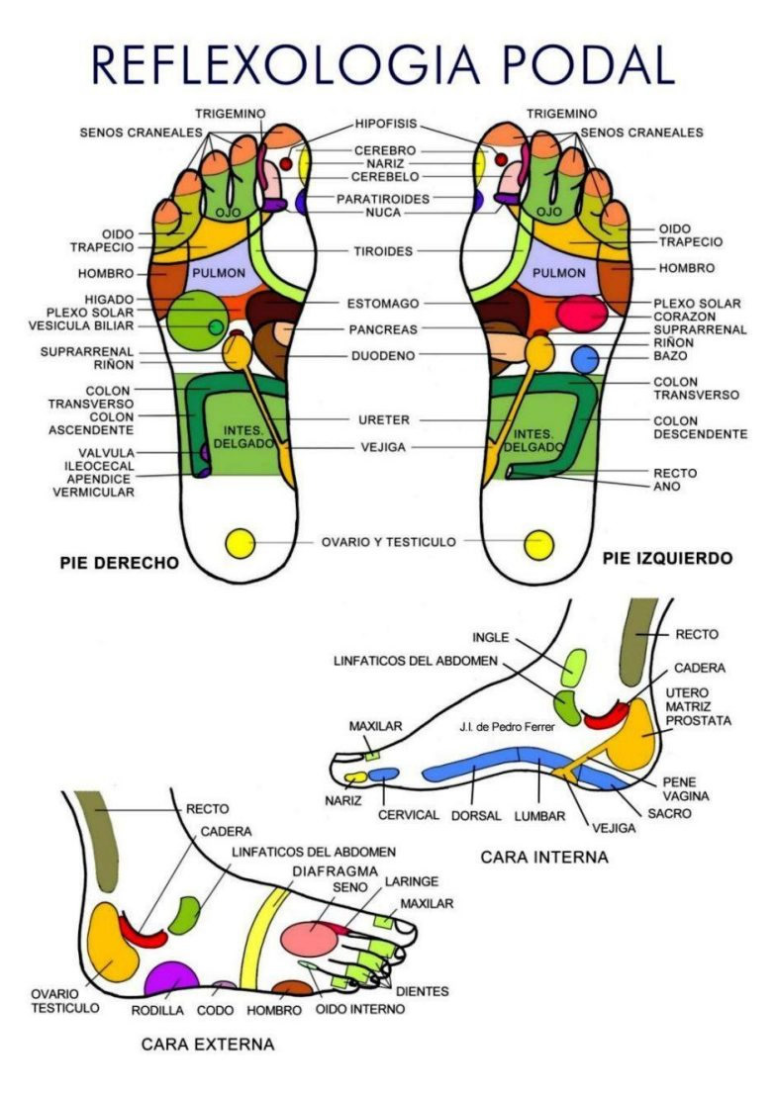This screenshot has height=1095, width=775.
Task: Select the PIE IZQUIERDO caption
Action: [x=667, y=559]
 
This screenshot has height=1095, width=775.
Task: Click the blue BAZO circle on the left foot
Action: [x=586, y=359]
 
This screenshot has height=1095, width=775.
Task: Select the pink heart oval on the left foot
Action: [x=581, y=314]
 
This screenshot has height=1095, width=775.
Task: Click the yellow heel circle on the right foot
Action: [x=241, y=542]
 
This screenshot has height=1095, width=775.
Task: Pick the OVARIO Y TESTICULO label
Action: [x=388, y=542]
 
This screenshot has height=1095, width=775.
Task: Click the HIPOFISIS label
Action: [x=386, y=124]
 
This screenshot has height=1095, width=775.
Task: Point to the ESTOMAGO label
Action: [x=383, y=304]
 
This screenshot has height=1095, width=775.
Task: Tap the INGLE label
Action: [x=492, y=637]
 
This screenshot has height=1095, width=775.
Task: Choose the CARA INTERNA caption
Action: [x=544, y=857]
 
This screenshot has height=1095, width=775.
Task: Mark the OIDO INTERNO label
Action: [x=360, y=1009]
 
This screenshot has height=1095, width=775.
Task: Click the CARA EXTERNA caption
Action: [x=207, y=1044]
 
